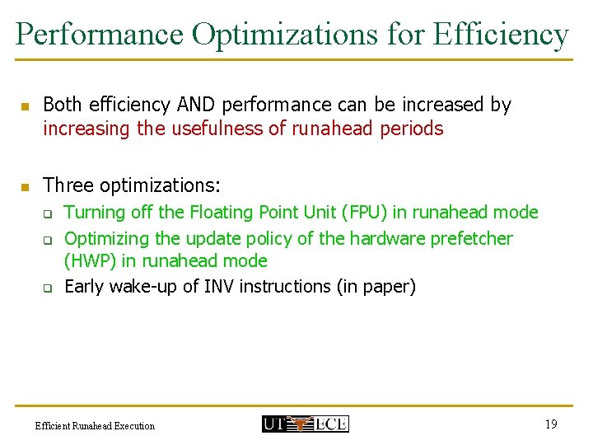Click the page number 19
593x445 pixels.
(x=550, y=424)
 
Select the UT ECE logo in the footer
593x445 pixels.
(x=305, y=424)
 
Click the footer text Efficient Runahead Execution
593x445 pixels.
(x=95, y=425)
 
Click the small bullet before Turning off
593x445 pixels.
(x=48, y=214)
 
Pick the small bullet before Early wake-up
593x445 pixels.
(x=48, y=288)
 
